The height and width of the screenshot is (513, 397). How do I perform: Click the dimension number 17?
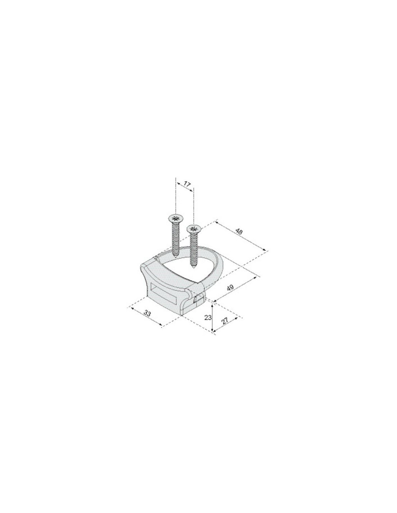coord(187,184)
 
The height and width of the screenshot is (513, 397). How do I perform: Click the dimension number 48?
coord(239,232)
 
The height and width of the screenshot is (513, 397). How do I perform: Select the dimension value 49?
coord(230,288)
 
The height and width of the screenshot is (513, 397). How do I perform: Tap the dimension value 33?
coord(147,314)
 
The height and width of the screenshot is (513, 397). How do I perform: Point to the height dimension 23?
coord(208,317)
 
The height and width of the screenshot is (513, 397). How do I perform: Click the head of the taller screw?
coord(175,219)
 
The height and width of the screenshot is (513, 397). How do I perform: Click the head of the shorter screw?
coord(194,229)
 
